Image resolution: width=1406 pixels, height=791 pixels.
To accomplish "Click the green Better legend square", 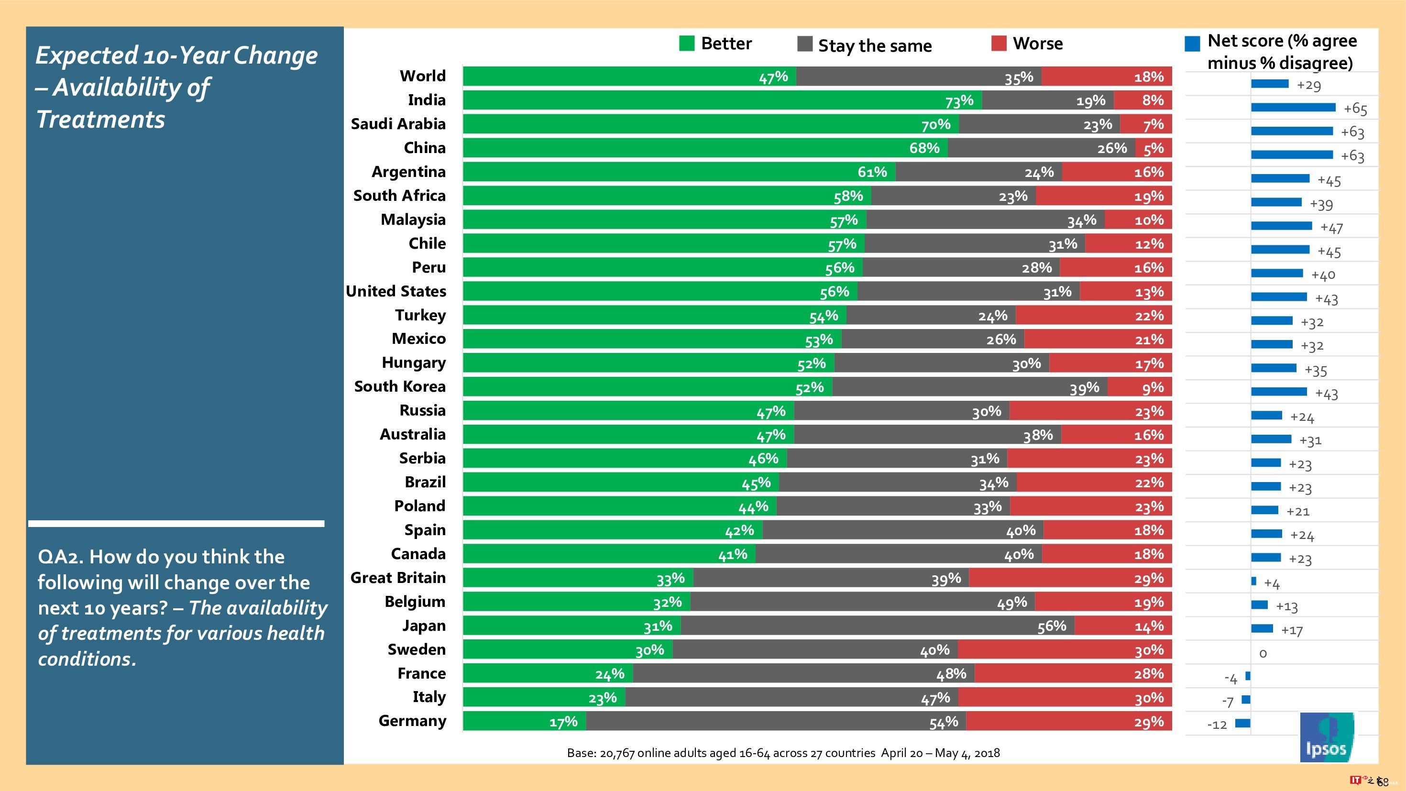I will [687, 43].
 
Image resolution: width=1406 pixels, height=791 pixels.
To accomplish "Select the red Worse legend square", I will [998, 43].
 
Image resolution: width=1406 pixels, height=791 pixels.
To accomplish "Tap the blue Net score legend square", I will [1192, 44].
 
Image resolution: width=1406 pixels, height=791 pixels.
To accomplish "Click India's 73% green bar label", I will [959, 100].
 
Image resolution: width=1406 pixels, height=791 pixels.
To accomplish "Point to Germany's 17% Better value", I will [563, 722].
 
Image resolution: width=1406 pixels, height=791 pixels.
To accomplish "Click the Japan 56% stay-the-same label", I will [1051, 626].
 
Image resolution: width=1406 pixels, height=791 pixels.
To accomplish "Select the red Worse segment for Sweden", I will [1065, 649].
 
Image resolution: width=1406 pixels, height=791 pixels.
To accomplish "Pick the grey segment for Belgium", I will [862, 602].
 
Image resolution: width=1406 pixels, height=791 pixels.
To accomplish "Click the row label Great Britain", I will [398, 578].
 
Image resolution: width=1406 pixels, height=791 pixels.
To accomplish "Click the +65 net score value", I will [1355, 109].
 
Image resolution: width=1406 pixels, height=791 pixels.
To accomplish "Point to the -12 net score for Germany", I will [1217, 725].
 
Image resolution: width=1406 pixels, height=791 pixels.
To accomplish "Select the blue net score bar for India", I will [1293, 108].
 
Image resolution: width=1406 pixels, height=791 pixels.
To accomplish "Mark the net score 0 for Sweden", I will [1263, 653].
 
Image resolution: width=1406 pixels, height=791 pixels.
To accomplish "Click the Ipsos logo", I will [1326, 737].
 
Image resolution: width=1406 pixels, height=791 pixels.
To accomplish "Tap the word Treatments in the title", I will [100, 120].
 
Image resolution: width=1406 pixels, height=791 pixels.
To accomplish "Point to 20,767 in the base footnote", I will [617, 753].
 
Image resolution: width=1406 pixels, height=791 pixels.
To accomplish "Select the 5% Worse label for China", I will [1153, 148].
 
